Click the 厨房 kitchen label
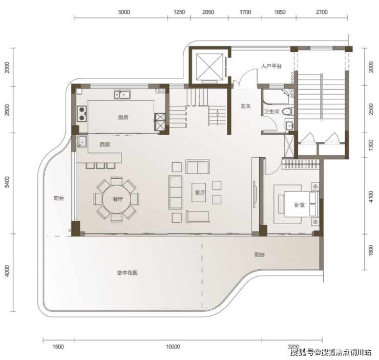pyautogui.click(x=123, y=117)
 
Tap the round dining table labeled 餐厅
pyautogui.click(x=116, y=199)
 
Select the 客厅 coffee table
pyautogui.click(x=199, y=193)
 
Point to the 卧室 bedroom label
pyautogui.click(x=300, y=205)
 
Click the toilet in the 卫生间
pyautogui.click(x=288, y=112)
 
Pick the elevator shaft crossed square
pyautogui.click(x=209, y=67)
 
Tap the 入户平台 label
pyautogui.click(x=271, y=66)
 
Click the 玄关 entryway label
pyautogui.click(x=245, y=106)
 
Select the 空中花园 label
pyautogui.click(x=128, y=273)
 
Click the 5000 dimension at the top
pyautogui.click(x=124, y=12)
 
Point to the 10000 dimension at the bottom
pyautogui.click(x=173, y=347)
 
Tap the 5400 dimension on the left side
pyautogui.click(x=7, y=182)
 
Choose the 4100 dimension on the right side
pyautogui.click(x=371, y=197)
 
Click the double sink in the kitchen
pyautogui.click(x=122, y=94)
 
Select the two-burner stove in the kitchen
pyautogui.click(x=82, y=114)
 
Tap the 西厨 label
pyautogui.click(x=105, y=144)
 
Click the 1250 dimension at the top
pyautogui.click(x=179, y=12)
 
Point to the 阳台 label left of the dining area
pyautogui.click(x=59, y=198)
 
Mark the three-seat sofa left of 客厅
pyautogui.click(x=176, y=193)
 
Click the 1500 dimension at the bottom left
pyautogui.click(x=58, y=347)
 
